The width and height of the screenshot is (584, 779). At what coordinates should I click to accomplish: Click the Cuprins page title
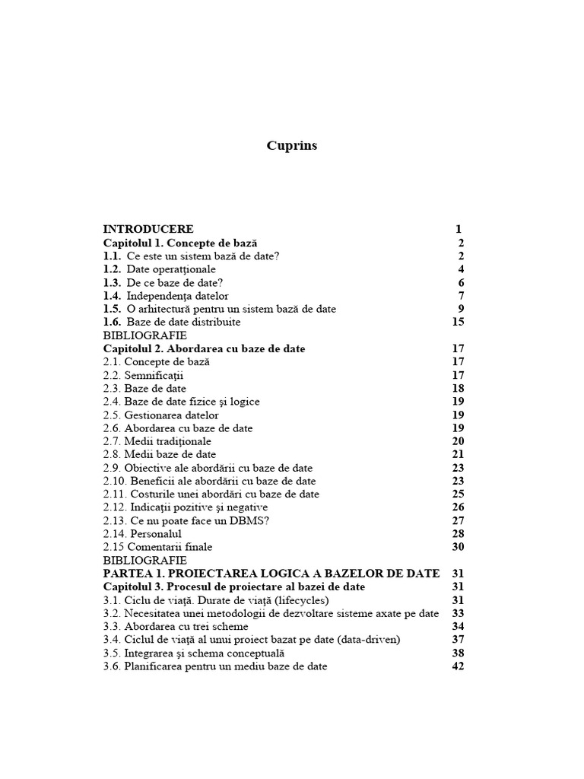pos(292,146)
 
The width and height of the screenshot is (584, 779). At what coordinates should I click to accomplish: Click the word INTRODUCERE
pos(148,229)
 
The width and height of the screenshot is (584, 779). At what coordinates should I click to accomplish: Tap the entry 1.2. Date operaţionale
pos(160,269)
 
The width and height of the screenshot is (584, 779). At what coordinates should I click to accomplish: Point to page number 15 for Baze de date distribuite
pos(458,322)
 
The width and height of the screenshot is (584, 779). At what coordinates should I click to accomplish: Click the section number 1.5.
pos(112,309)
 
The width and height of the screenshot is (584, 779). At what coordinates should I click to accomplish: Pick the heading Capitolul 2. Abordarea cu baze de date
pos(204,348)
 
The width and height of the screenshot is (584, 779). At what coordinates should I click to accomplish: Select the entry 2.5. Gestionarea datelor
pos(161,415)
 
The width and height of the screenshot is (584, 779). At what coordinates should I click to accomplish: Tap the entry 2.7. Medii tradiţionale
pos(157,441)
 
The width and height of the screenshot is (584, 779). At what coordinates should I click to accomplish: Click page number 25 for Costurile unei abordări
pos(458,494)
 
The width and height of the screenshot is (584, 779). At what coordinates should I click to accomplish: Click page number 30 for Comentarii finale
pos(458,547)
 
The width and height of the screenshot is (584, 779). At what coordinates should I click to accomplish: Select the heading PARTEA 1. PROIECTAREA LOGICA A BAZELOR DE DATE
pos(271,574)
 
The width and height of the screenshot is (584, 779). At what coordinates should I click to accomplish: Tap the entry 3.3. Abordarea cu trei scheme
pos(175,627)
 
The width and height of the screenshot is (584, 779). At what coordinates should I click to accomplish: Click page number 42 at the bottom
pos(458,666)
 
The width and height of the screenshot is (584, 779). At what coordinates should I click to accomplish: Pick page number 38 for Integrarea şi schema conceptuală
pos(458,653)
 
